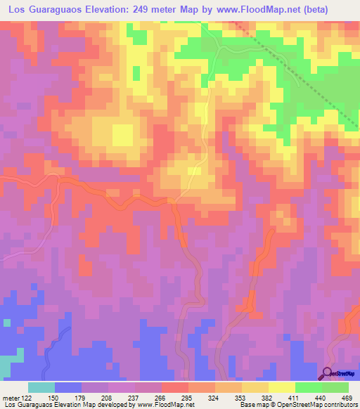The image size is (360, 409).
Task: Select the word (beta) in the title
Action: pos(338,10)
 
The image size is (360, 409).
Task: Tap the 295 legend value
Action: pos(186,397)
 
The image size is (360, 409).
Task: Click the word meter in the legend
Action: pos(11,397)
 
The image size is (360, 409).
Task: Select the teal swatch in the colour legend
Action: pos(41,387)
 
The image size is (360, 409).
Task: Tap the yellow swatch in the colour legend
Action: pos(282,387)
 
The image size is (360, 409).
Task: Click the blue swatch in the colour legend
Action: pos(68,387)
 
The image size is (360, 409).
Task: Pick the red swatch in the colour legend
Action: pos(175,387)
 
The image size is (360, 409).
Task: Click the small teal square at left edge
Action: pos(6,323)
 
